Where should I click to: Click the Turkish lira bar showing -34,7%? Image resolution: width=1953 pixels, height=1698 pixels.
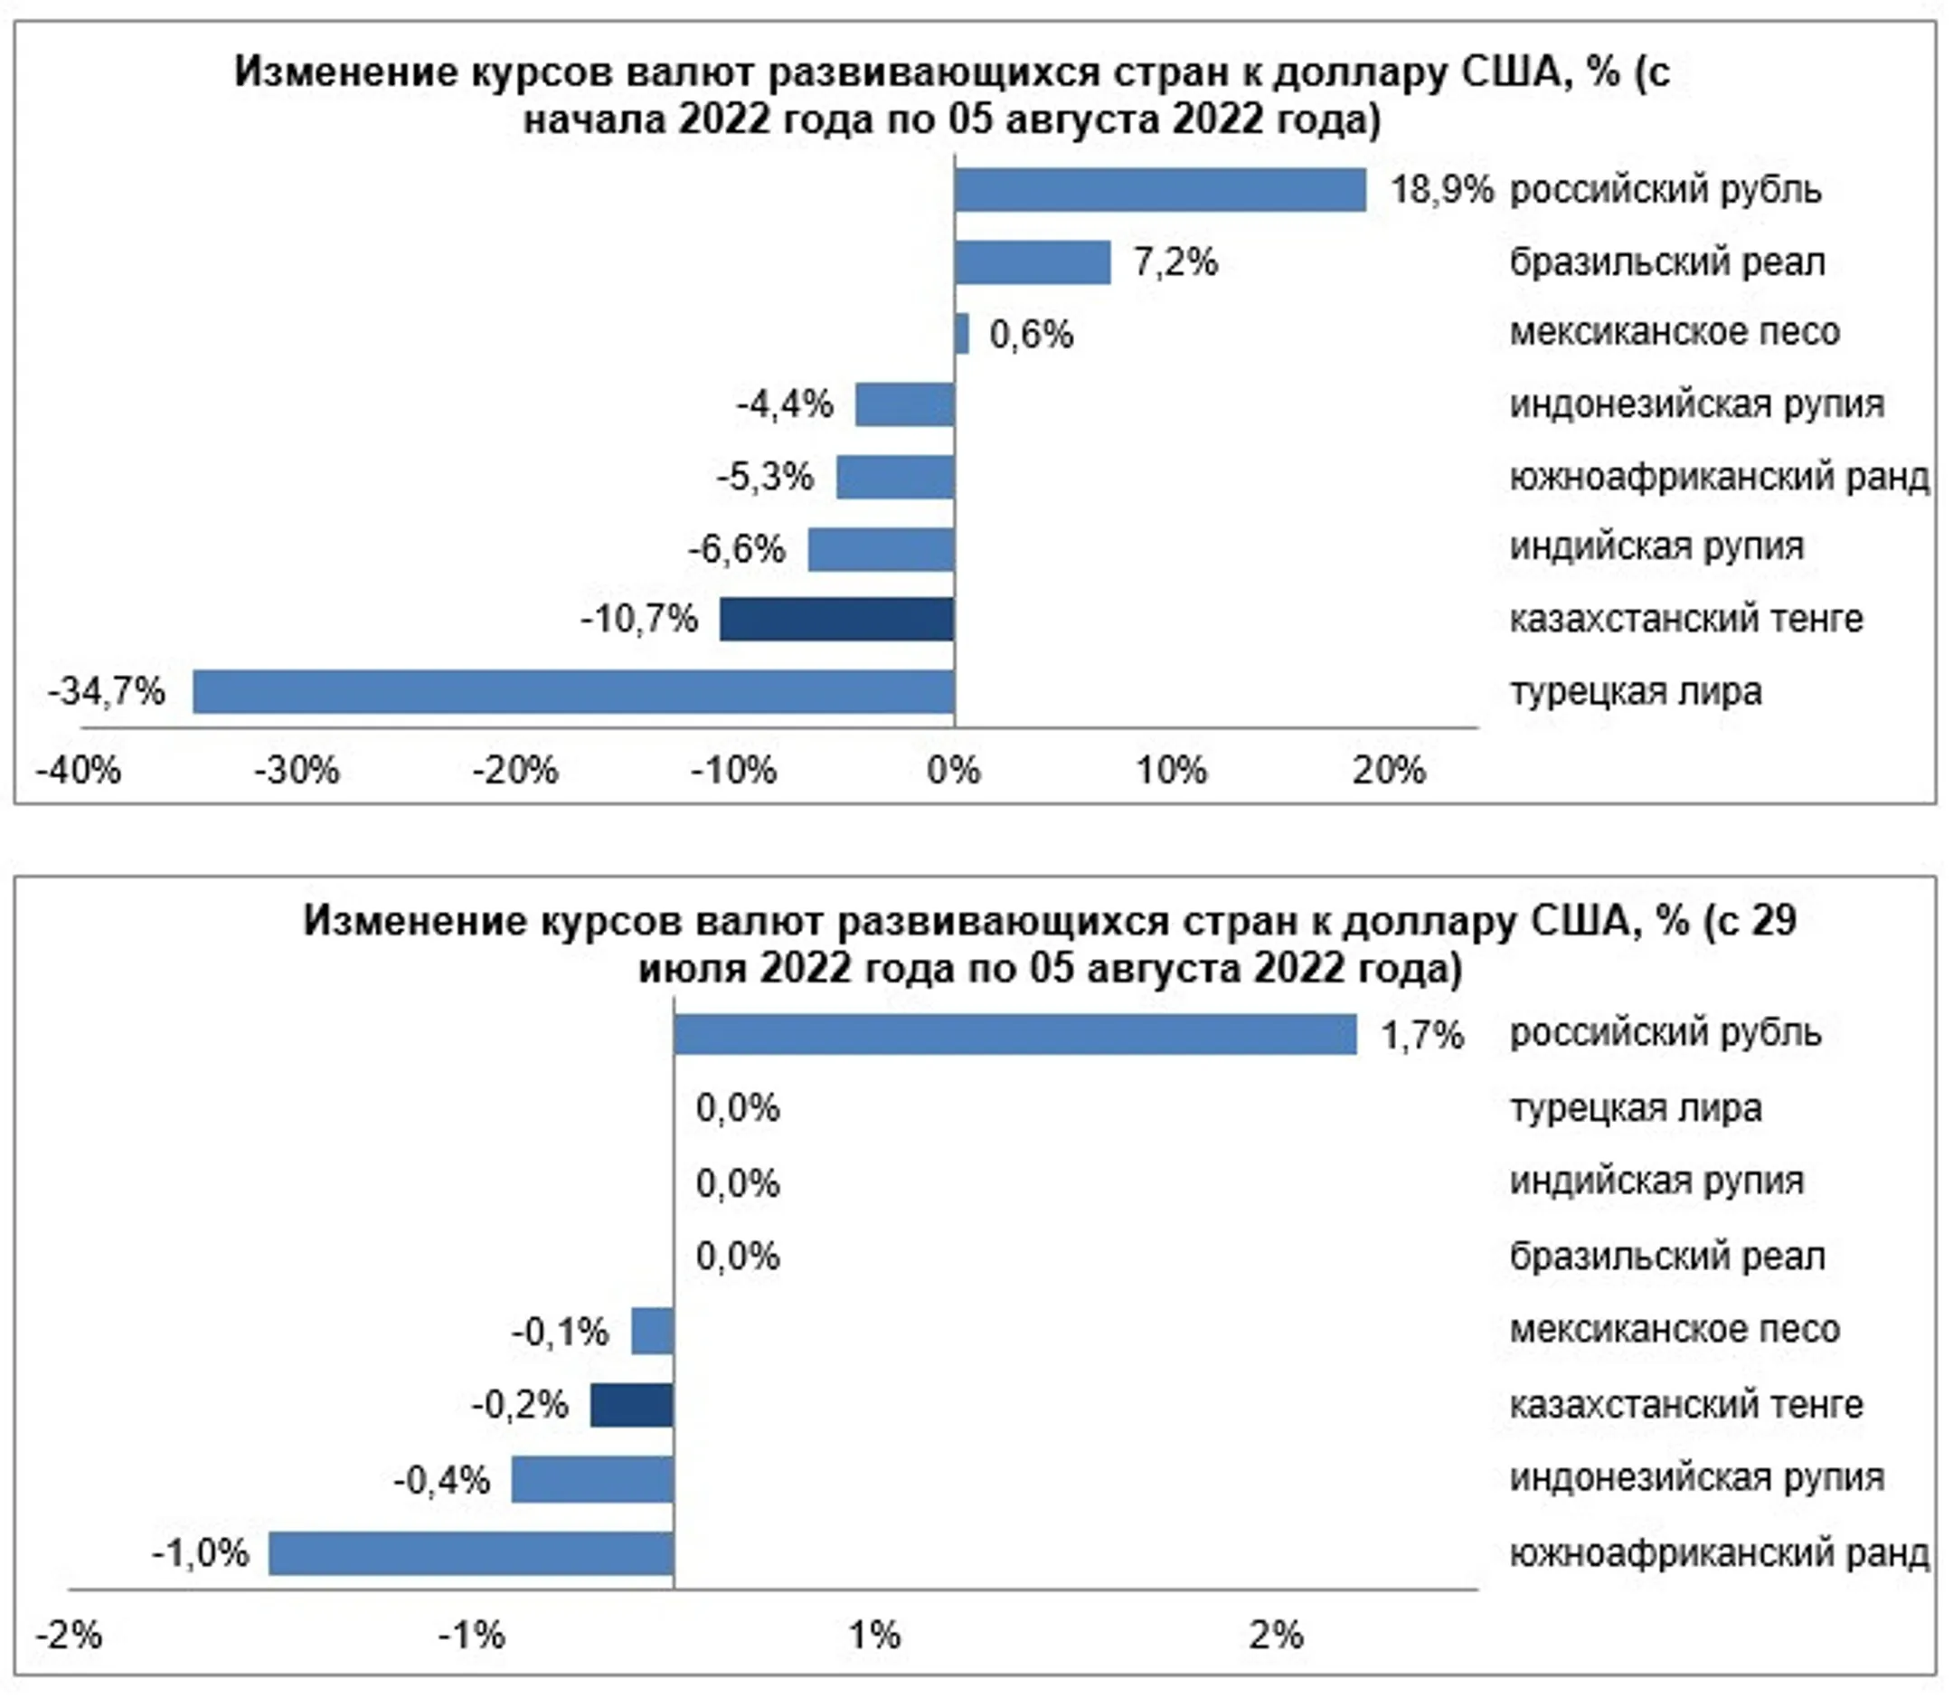tap(573, 692)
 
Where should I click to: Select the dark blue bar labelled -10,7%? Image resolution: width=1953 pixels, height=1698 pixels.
tap(836, 619)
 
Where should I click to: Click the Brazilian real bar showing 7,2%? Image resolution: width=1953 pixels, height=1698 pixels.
tap(1033, 262)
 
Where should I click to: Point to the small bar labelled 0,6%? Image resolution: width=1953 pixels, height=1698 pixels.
tap(962, 334)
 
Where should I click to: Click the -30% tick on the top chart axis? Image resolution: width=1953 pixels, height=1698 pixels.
tap(297, 771)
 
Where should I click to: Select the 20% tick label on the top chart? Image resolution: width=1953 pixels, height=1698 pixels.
tap(1389, 771)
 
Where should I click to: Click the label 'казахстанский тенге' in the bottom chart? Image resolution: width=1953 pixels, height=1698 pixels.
tap(1685, 1403)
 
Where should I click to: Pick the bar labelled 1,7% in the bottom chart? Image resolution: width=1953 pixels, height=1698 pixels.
tap(1014, 1034)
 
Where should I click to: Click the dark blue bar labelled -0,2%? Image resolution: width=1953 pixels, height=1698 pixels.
tap(632, 1404)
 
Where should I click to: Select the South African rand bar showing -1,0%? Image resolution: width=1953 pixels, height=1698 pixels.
tap(471, 1553)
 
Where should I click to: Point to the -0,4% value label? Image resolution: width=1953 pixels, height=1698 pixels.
tap(441, 1479)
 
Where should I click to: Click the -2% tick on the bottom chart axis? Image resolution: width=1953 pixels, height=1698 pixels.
tap(68, 1635)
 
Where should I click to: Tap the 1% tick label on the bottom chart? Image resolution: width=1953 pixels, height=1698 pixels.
tap(873, 1635)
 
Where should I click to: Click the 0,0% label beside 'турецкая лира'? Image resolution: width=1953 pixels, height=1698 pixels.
tap(737, 1107)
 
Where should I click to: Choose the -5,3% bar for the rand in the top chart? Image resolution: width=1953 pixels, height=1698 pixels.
tap(895, 477)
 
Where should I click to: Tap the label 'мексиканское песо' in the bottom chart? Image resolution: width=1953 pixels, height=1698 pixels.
tap(1674, 1330)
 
